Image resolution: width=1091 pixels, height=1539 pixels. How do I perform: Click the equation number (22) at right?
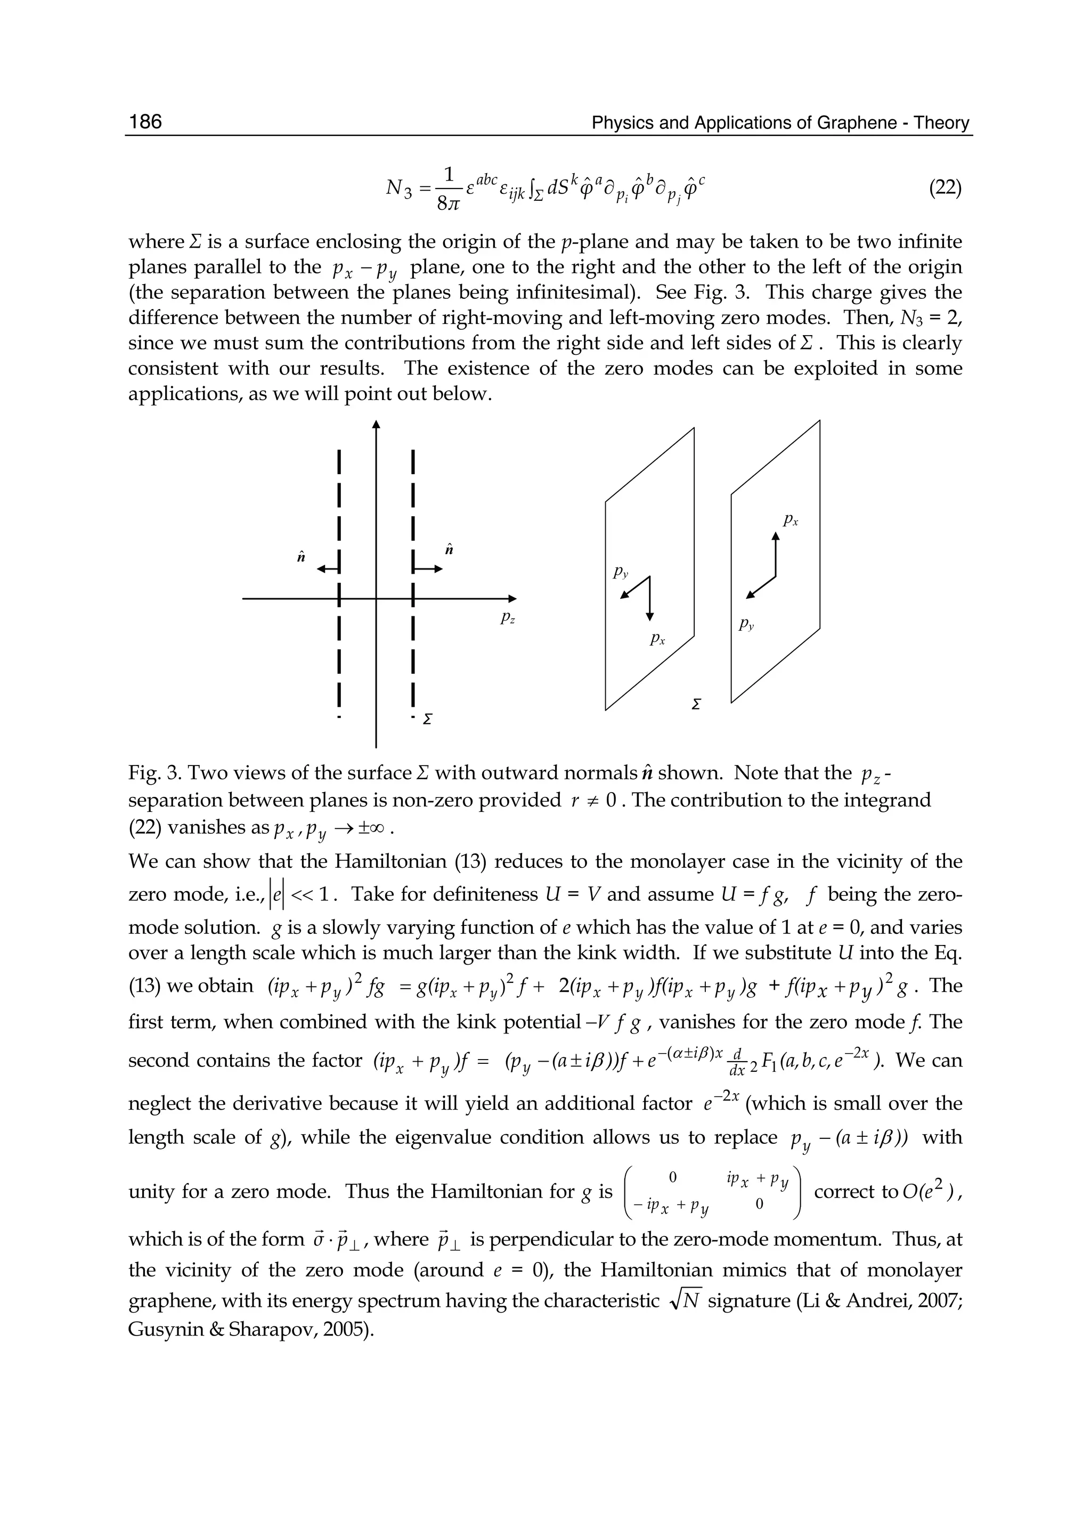945,188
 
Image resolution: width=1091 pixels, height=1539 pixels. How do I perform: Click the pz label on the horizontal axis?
508,618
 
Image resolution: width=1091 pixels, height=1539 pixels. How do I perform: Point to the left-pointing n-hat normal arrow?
328,569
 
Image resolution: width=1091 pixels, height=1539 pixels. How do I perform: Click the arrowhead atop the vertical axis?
376,425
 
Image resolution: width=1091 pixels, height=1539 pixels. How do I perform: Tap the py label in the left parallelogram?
620,573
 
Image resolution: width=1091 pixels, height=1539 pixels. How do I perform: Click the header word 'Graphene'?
857,123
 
